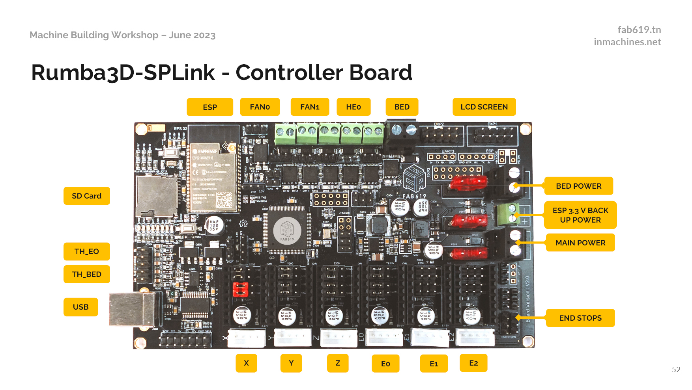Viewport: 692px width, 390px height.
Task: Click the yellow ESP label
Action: (210, 107)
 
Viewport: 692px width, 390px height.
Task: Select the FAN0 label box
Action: (260, 107)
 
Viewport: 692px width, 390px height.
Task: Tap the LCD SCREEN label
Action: (484, 107)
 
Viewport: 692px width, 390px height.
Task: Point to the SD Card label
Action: (86, 196)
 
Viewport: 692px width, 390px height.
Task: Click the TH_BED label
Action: (86, 274)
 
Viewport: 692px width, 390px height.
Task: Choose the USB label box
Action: (80, 307)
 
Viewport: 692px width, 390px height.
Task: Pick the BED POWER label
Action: (578, 186)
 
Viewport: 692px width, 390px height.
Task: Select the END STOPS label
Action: (580, 318)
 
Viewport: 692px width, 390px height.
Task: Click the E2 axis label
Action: (473, 363)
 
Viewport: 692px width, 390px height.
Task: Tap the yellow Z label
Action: (338, 363)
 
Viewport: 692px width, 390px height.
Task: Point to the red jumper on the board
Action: (240, 289)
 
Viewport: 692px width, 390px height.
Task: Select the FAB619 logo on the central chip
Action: (287, 230)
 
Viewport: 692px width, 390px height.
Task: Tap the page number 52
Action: (676, 370)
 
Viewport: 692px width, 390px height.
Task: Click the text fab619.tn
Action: (639, 30)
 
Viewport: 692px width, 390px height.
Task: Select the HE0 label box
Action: (353, 107)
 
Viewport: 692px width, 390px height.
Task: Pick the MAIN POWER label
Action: (580, 243)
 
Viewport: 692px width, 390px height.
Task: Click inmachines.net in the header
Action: (627, 42)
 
